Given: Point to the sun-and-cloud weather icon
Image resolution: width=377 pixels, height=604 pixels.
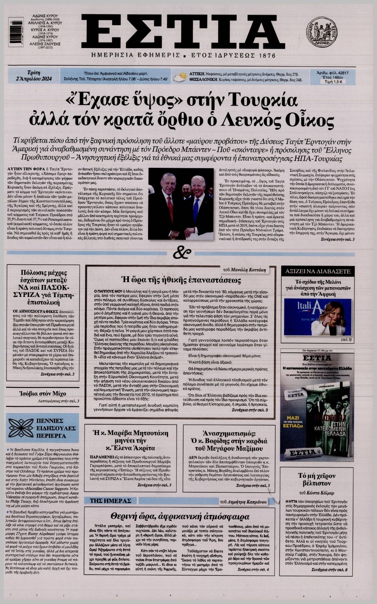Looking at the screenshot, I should pyautogui.click(x=178, y=76).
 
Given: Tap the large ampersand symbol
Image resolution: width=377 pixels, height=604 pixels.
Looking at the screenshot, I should pyautogui.click(x=182, y=253).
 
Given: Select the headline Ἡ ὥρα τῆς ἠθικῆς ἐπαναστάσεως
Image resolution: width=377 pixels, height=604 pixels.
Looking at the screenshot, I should pyautogui.click(x=181, y=280).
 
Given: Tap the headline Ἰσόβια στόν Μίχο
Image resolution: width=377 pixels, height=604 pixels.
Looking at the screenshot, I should pyautogui.click(x=42, y=393).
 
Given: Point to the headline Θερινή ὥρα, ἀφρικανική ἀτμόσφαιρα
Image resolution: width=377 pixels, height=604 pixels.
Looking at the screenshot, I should pyautogui.click(x=180, y=516).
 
